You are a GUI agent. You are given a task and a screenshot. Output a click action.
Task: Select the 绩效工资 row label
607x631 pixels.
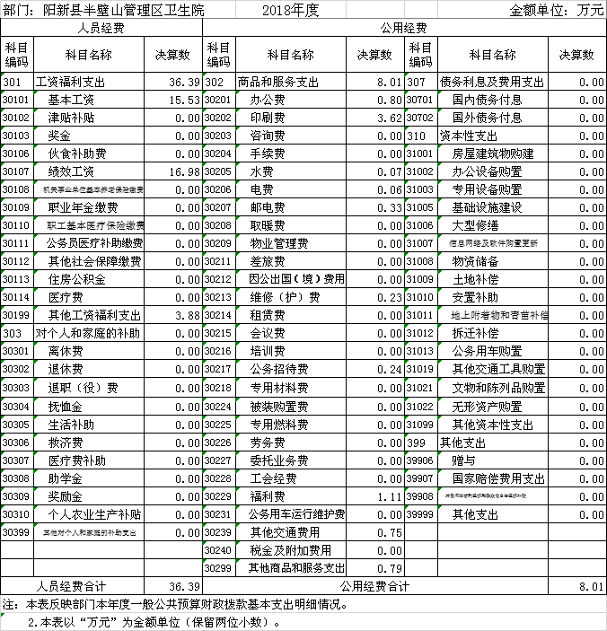tap(71, 171)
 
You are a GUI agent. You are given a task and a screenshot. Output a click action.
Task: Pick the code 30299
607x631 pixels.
tap(218, 568)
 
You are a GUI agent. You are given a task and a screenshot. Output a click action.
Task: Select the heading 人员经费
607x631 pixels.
tap(101, 29)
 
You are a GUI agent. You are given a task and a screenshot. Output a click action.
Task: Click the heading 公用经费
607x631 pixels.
tap(404, 29)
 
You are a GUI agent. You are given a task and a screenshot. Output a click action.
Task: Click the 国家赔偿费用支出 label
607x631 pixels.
tap(498, 478)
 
